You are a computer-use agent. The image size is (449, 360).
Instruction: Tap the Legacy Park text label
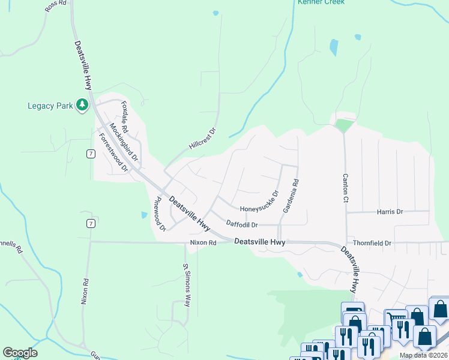tap(50, 106)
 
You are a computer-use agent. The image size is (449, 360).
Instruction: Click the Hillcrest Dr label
tap(202, 139)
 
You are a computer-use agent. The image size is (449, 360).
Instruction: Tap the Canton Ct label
tap(345, 188)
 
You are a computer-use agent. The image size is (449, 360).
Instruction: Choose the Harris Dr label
tap(390, 212)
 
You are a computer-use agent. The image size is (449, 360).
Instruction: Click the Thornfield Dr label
tap(372, 243)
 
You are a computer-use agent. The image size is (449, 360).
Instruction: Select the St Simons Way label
tap(187, 285)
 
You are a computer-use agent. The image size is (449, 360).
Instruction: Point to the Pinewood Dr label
tap(160, 214)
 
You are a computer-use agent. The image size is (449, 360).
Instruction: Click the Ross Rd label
tap(54, 7)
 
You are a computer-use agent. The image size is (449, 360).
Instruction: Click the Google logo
tap(20, 353)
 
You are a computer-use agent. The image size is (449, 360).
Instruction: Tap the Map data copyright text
tap(424, 355)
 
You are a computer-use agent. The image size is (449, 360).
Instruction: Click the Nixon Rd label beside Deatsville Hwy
tap(203, 243)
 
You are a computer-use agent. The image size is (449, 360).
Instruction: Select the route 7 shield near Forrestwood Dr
tap(90, 154)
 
